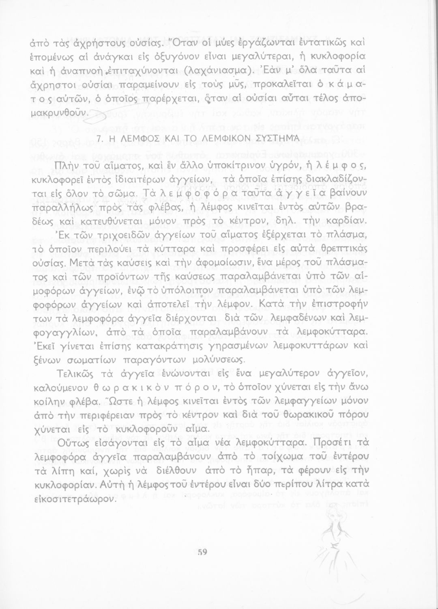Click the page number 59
(203, 552)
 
